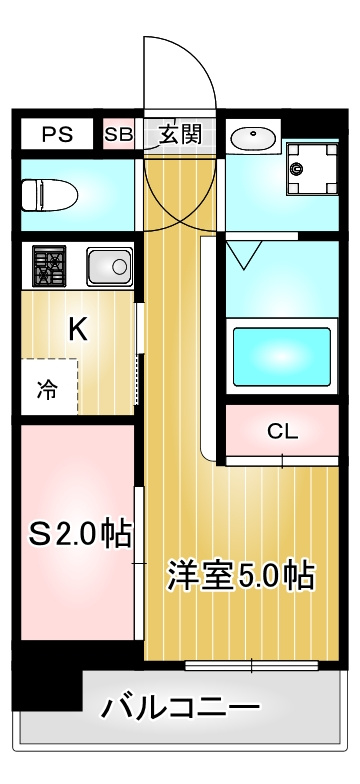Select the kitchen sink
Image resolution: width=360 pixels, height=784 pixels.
coord(109,267)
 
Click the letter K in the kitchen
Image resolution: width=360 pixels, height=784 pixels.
coord(77,330)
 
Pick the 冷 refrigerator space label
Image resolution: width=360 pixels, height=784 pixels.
coord(47,391)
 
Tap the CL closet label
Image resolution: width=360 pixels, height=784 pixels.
coord(282,432)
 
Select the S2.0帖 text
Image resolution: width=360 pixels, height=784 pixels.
coord(80,535)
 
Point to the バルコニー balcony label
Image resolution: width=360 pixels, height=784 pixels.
coord(180,708)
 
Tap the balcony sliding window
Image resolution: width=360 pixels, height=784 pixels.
coord(251,664)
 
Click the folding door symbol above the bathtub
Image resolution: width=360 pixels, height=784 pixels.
coord(243,254)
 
